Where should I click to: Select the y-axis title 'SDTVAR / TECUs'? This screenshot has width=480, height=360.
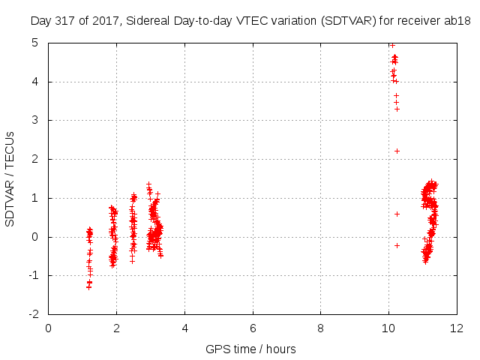tap(10, 179)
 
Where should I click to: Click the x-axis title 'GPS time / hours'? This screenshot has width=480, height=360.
tap(250, 349)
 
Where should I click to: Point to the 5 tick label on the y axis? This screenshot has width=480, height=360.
tap(35, 43)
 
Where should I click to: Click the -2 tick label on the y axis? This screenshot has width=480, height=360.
tap(34, 314)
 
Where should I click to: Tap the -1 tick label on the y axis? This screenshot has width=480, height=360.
tap(34, 275)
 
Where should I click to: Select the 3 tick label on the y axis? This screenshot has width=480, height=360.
tap(35, 120)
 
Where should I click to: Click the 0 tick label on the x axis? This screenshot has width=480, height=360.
tap(48, 328)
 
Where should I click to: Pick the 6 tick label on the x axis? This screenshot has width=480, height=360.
tap(253, 328)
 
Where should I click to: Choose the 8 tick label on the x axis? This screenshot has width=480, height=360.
tap(320, 328)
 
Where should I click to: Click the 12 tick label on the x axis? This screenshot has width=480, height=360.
tap(457, 328)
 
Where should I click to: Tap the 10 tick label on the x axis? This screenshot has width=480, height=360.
tap(388, 328)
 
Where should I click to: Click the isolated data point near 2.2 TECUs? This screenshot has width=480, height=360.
tap(397, 151)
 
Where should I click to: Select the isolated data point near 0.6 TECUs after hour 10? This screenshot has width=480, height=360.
tap(397, 214)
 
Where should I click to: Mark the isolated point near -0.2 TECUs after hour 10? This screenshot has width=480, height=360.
tap(397, 245)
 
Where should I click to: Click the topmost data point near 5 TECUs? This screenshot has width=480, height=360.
tap(392, 45)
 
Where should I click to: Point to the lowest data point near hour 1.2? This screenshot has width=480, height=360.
tap(88, 287)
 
